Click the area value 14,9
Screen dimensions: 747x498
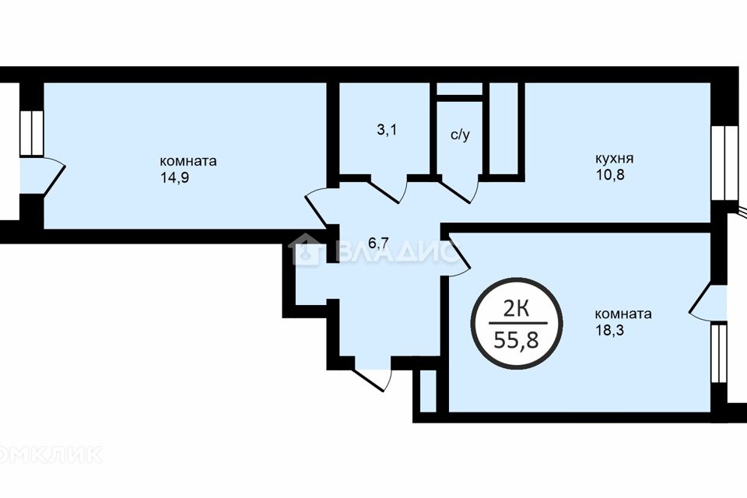175,177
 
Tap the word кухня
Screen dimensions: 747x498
614,158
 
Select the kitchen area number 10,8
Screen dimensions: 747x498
609,175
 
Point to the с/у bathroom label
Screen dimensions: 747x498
460,135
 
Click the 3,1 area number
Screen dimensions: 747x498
387,130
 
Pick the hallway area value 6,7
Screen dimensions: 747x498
379,244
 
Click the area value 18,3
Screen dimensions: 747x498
609,330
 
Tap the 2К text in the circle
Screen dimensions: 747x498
517,310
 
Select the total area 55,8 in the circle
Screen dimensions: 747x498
517,340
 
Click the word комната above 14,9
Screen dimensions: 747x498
188,161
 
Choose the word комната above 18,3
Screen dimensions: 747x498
623,314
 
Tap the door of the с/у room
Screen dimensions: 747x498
460,189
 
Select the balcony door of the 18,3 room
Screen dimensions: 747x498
708,300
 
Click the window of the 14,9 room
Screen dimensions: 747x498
31,133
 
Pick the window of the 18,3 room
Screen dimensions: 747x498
719,353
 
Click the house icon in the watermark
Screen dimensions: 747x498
305,249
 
